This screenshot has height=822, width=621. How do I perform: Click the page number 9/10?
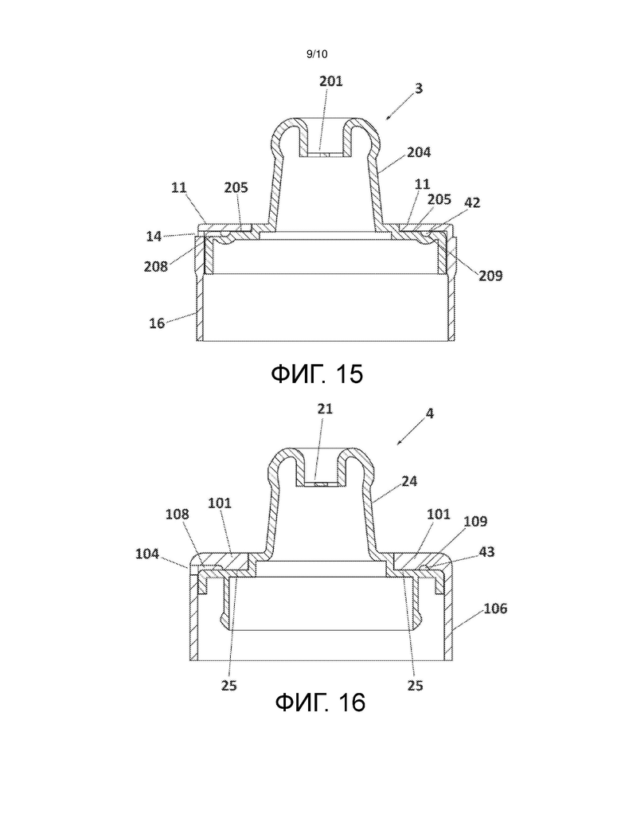point(317,53)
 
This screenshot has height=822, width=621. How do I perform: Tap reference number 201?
point(331,81)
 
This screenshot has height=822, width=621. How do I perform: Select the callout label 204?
point(419,152)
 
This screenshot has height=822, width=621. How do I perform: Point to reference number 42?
point(472,202)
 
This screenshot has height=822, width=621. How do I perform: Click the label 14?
point(154,237)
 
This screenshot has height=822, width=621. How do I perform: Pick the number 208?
point(155,267)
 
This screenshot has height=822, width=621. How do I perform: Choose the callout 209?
point(490,276)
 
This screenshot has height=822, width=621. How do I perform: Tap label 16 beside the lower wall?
point(157,323)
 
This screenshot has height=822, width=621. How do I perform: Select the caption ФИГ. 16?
point(320,702)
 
